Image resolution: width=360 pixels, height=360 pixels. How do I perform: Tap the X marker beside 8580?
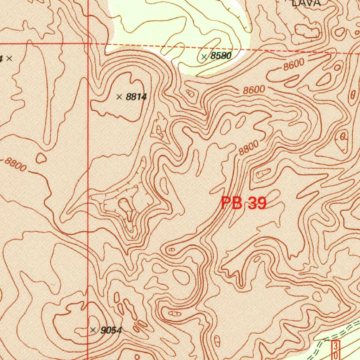pos(204,57)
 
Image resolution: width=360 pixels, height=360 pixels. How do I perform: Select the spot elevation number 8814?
pos(136,97)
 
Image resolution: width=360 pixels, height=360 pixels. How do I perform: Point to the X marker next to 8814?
pos(120,97)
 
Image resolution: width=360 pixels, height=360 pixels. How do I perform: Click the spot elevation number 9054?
pos(111,330)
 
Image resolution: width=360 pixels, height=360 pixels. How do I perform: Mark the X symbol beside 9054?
pos(93,330)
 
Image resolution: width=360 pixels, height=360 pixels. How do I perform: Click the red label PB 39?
pos(244,203)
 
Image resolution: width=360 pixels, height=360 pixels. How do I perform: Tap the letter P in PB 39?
pos(227,204)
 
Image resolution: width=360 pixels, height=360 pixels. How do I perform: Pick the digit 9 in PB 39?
pos(260,203)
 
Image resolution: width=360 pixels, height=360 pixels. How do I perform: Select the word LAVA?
pos(307,3)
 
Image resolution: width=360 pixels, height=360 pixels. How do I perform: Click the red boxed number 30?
pos(336,349)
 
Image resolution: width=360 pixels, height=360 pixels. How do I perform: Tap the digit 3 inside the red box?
pos(336,345)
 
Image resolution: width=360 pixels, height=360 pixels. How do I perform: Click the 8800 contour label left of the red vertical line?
pos(16,165)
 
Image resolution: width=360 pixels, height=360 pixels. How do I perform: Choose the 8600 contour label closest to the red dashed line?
pos(294,65)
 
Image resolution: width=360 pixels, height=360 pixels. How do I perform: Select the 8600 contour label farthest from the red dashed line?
pos(254,90)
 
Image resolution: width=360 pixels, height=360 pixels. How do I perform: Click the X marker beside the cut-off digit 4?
pos(9,58)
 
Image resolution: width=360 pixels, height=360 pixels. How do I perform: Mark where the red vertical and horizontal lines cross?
pos(88,44)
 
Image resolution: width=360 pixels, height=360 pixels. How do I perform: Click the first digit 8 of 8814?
pos(128,97)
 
